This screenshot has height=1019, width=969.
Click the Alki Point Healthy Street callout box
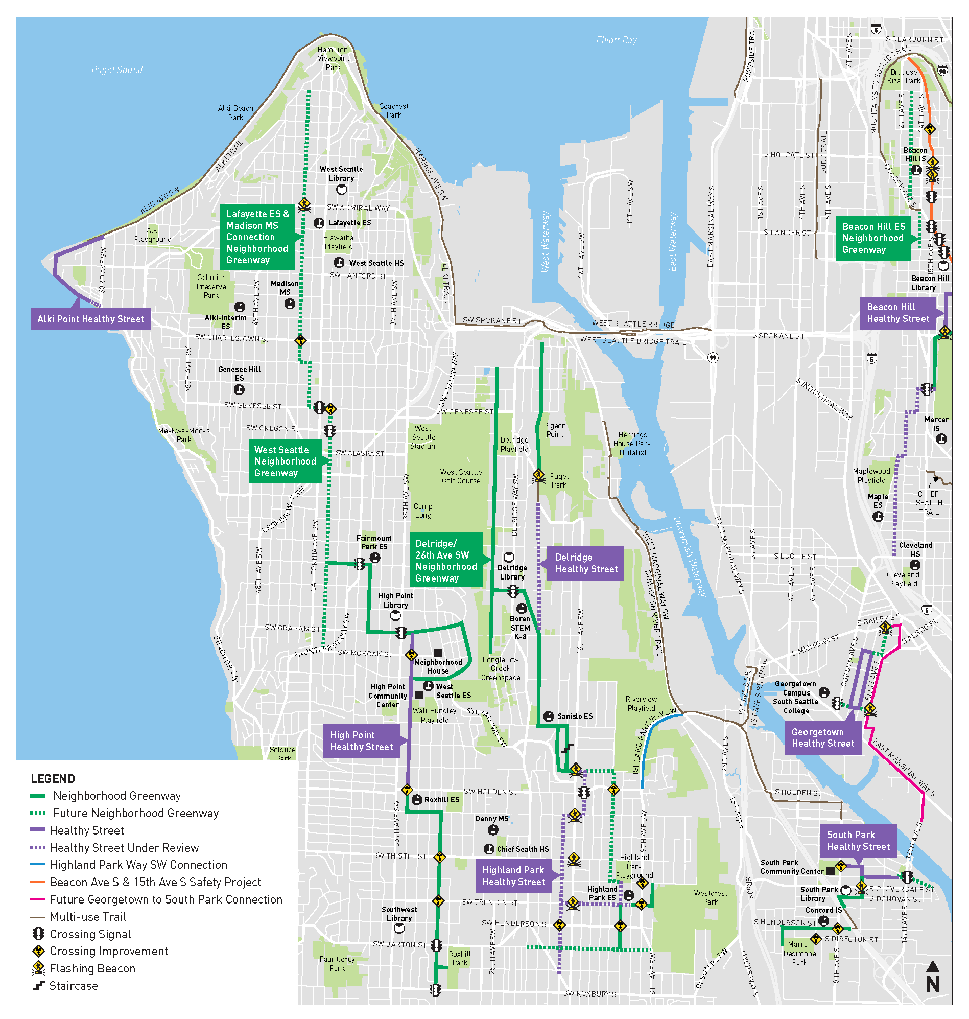(90, 319)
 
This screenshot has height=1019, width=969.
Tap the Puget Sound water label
(117, 70)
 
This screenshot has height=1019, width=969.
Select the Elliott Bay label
(616, 40)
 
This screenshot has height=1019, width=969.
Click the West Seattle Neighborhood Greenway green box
(285, 461)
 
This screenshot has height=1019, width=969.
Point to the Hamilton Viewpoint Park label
(333, 58)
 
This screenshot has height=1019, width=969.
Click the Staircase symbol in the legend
(38, 985)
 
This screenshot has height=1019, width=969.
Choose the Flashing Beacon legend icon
(38, 968)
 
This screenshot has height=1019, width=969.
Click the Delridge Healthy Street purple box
(585, 563)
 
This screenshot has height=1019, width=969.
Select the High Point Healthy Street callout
(361, 740)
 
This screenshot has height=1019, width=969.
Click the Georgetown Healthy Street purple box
(822, 737)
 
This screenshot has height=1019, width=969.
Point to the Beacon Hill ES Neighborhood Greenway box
(872, 238)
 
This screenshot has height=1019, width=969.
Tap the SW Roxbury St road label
(592, 993)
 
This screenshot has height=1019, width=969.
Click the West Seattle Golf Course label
(460, 476)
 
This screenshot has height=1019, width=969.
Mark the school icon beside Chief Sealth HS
(489, 849)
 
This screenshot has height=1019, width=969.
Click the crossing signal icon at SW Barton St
(436, 945)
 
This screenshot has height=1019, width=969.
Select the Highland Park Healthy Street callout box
(513, 876)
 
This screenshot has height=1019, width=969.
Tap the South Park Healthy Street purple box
(858, 841)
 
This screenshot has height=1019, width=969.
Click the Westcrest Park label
(710, 897)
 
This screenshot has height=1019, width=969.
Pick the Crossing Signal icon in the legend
(38, 934)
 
